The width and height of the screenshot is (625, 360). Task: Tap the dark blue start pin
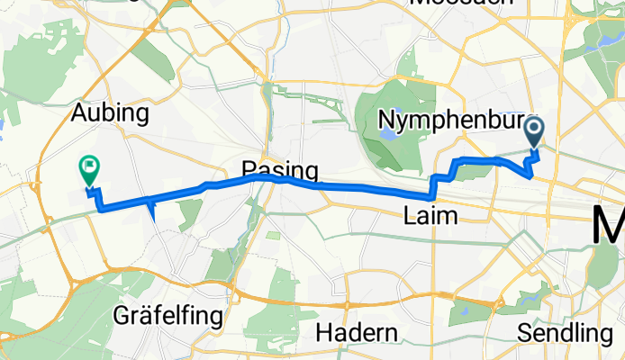(x=534, y=134)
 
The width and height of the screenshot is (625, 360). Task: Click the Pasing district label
(x=280, y=171)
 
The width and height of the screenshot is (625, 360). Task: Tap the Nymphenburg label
(x=445, y=119)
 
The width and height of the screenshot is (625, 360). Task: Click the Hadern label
(x=358, y=333)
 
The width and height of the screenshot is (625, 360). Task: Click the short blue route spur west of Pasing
(x=152, y=212)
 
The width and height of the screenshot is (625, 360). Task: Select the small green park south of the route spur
(x=190, y=214)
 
